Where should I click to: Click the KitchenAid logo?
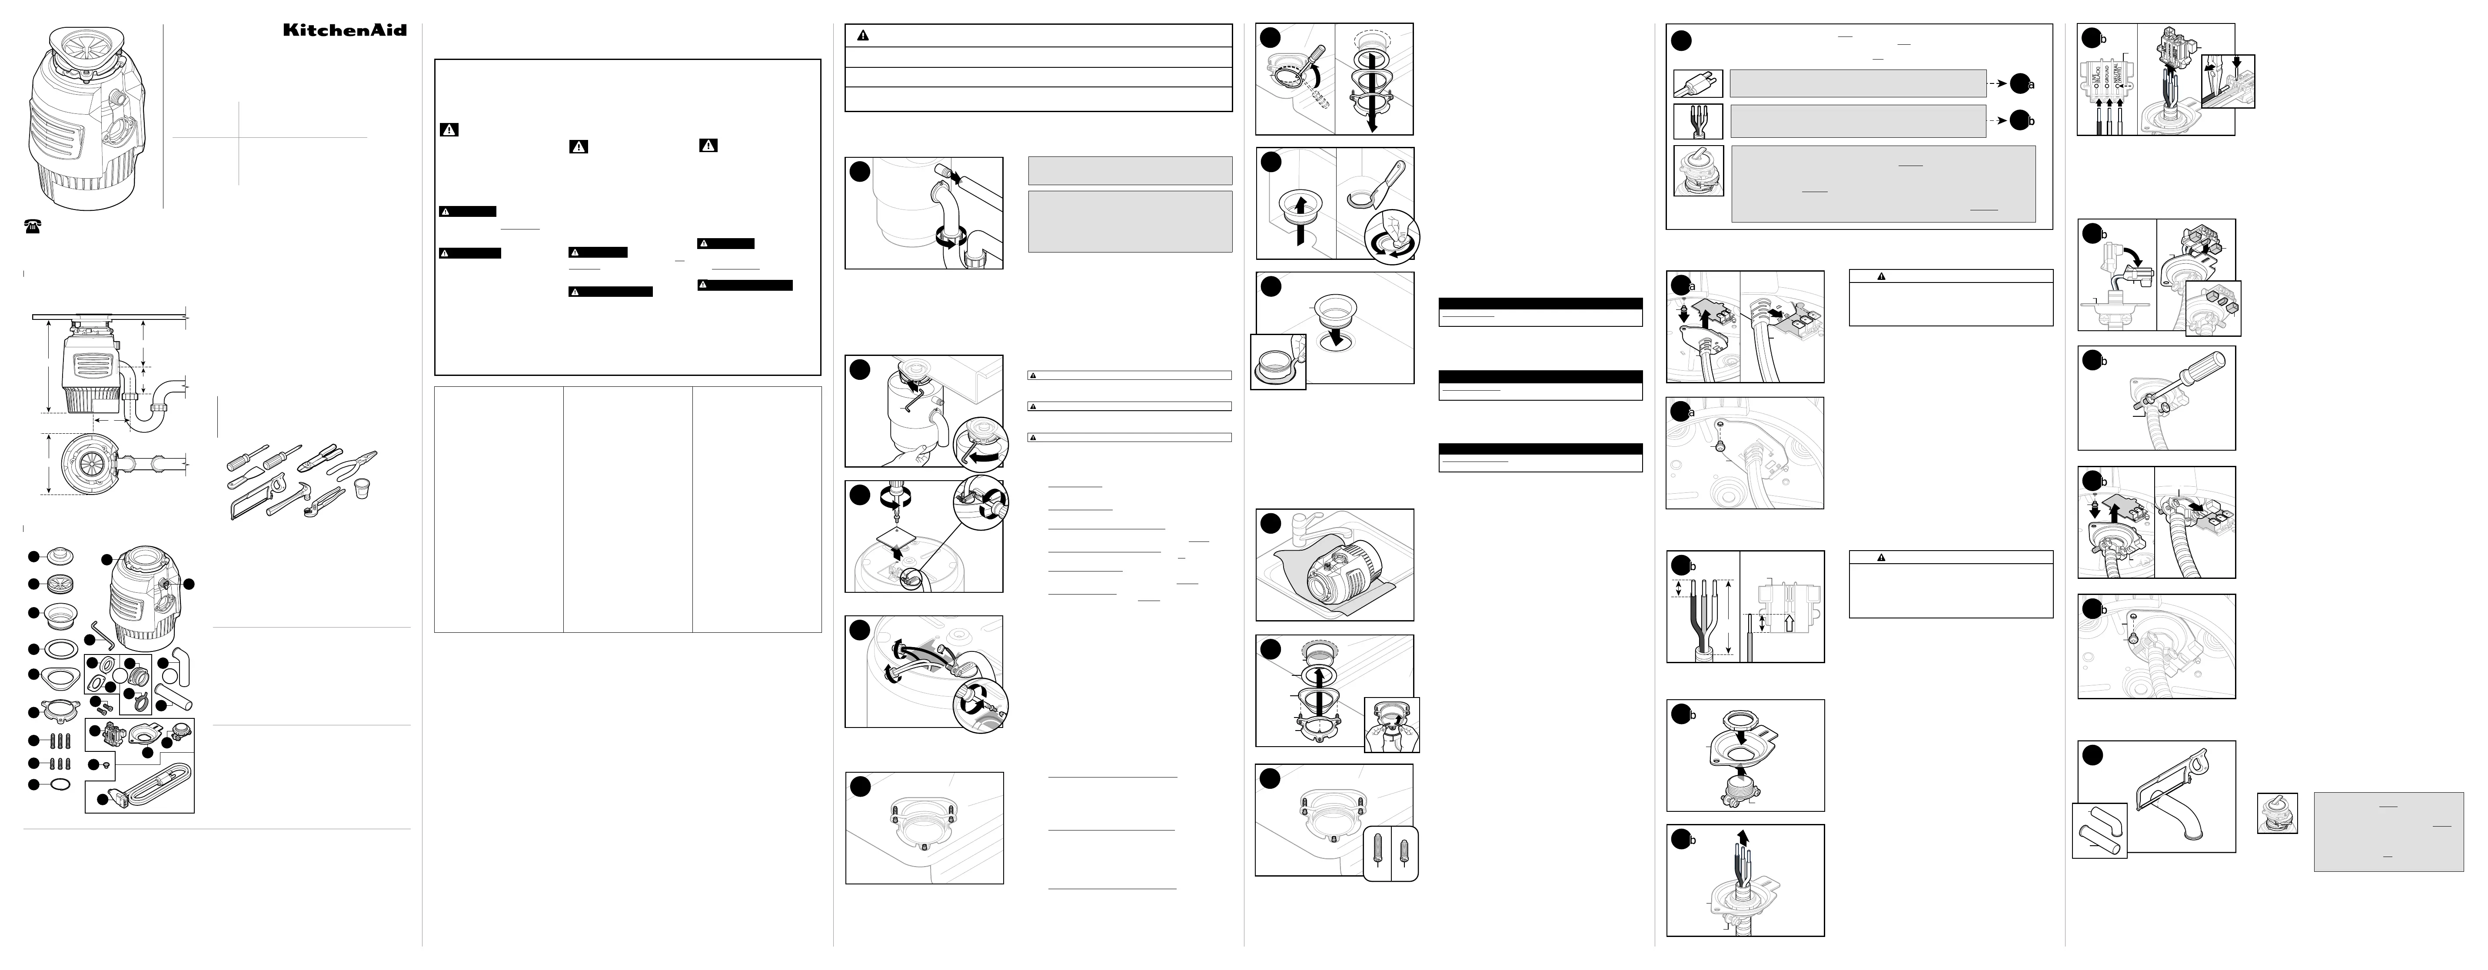coord(345,30)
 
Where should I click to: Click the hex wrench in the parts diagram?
coord(104,635)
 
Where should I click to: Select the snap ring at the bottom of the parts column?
coord(58,784)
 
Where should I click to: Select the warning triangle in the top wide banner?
coord(862,35)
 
